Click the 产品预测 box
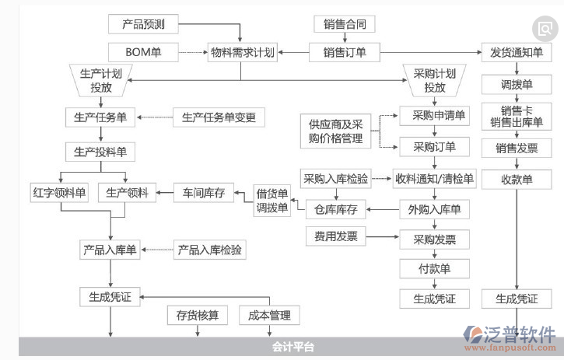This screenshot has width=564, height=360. [x=143, y=24]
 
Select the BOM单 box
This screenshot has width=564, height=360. [x=143, y=53]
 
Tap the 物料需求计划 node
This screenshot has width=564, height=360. [x=242, y=53]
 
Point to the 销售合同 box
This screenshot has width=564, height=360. [x=344, y=24]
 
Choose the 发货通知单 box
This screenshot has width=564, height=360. [x=517, y=53]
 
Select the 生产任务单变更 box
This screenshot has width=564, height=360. [x=219, y=117]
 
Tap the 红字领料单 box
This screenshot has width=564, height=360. [x=60, y=191]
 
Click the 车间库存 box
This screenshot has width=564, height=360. [x=204, y=192]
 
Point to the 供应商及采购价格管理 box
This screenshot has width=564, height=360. [x=335, y=131]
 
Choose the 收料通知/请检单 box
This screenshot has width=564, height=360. [x=434, y=179]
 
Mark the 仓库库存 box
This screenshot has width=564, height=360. [x=335, y=209]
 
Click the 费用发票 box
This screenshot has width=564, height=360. [x=335, y=236]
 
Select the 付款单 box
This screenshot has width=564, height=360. [x=435, y=268]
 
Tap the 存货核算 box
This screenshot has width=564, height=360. [x=197, y=315]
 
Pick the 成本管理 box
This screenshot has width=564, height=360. [x=269, y=315]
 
